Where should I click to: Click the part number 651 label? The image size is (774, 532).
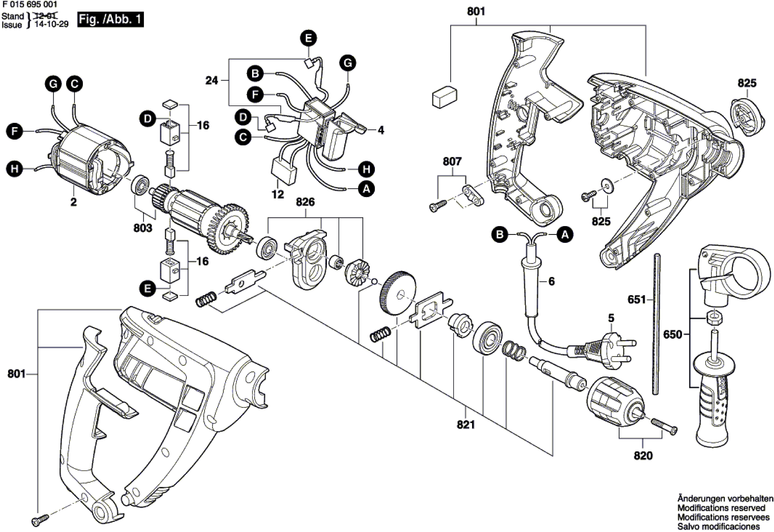pyautogui.click(x=637, y=300)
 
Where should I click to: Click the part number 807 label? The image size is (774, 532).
pyautogui.click(x=452, y=162)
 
